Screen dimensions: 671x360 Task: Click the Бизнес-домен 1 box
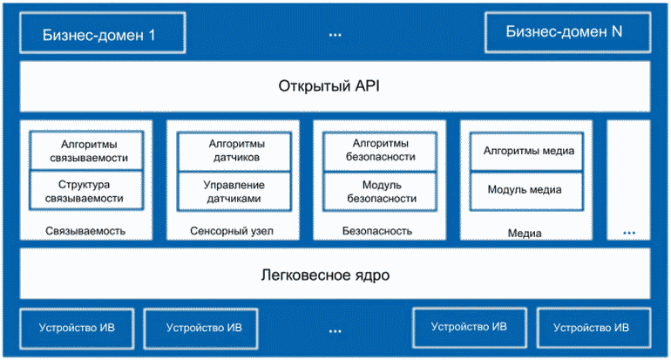pos(103,33)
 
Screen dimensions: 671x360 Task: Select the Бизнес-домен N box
pos(568,32)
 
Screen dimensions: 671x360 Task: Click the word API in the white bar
pos(367,86)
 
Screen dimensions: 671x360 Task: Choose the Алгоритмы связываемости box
pos(86,151)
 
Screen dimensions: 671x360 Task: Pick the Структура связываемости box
pos(86,191)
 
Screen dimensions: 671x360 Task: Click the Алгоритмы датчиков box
pos(234,151)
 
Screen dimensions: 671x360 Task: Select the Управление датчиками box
pos(234,192)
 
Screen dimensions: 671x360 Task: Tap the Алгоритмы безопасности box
pos(380,151)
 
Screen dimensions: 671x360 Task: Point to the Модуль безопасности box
pos(380,192)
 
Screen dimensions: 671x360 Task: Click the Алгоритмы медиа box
pos(527,151)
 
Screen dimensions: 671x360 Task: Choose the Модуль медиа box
pos(527,191)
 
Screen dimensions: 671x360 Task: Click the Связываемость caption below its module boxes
pos(85,231)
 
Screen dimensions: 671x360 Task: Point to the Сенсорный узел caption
pos(232,231)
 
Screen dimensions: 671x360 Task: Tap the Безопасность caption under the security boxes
pos(377,231)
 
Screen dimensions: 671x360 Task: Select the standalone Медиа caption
pos(525,234)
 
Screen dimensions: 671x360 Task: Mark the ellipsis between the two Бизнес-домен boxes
pos(335,35)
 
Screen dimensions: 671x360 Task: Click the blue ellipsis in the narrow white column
pos(629,233)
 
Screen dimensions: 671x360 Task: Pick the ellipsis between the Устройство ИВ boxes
pos(335,331)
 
